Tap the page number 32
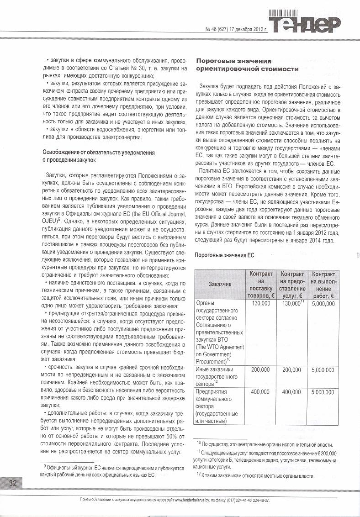(12, 483)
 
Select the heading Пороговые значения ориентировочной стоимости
(247, 65)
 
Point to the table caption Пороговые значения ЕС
(224, 255)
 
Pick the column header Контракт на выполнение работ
(323, 284)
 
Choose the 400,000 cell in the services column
(292, 392)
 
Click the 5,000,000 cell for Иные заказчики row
(323, 369)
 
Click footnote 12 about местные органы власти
(256, 475)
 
